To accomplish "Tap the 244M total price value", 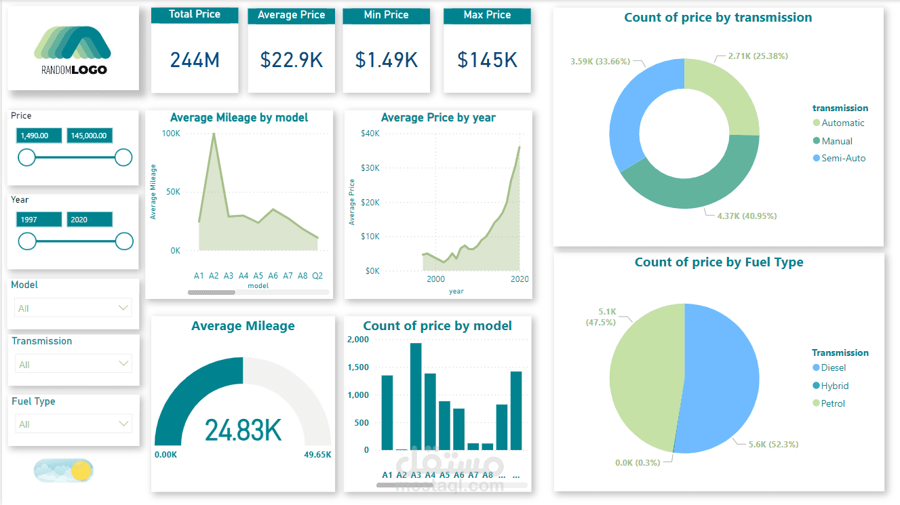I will click(x=195, y=60).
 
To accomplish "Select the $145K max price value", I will click(x=487, y=60).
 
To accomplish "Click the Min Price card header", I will click(x=386, y=15).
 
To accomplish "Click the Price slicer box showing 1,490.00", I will click(x=39, y=136).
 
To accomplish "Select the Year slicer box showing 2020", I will click(x=89, y=220).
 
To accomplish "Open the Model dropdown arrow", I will click(x=123, y=308).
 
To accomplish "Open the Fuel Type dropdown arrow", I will click(x=123, y=424).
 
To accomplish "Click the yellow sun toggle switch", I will click(x=81, y=470).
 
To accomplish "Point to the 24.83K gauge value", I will click(x=243, y=430).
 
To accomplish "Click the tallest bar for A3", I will click(x=416, y=397).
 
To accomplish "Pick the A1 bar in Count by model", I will click(x=387, y=412).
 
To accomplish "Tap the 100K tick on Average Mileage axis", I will click(x=170, y=134).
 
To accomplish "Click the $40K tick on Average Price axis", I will click(x=370, y=134).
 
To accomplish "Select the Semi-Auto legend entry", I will click(x=843, y=158).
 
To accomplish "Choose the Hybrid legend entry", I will click(x=834, y=386).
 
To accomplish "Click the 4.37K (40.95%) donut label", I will click(x=747, y=216).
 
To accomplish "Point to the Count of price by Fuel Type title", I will click(x=718, y=262).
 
